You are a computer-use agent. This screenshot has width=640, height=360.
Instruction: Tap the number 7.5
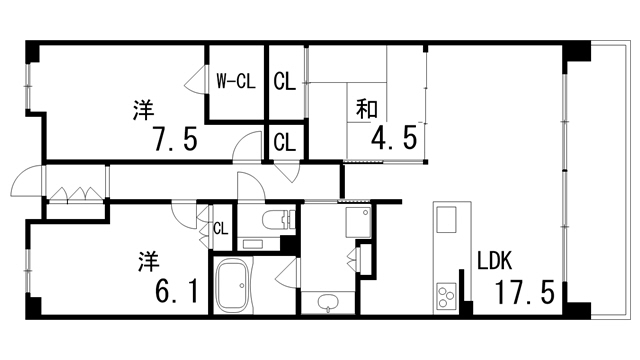176,137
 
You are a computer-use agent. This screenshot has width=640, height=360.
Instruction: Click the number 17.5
524,293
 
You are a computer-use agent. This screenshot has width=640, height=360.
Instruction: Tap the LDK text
494,262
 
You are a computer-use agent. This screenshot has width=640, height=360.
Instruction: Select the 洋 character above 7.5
143,109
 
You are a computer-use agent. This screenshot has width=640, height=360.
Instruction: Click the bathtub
237,287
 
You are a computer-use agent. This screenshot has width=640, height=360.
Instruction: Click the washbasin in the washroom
327,303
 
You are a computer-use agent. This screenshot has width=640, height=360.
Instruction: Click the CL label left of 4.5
284,142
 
